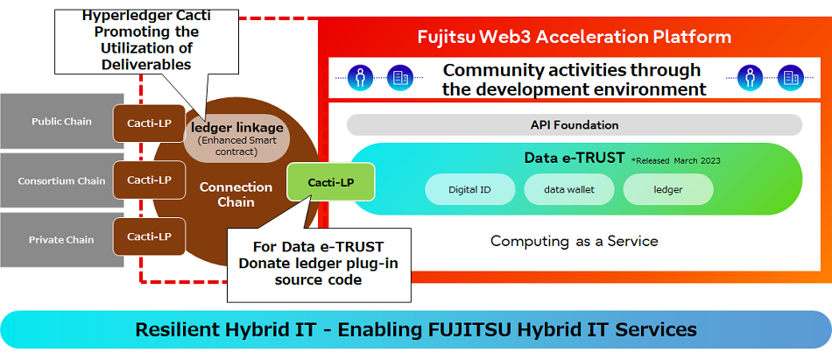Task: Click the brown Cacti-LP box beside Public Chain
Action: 149,124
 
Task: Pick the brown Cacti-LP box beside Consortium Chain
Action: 149,180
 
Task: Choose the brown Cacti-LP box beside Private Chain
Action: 149,236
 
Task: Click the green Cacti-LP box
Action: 331,181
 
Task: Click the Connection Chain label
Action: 236,194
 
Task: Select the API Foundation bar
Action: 574,125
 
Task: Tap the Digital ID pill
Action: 469,189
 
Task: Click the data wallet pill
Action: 568,189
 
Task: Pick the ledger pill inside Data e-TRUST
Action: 667,189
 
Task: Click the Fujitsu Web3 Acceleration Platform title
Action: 574,38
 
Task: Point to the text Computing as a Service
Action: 574,241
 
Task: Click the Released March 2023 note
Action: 676,160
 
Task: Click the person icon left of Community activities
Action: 359,78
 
